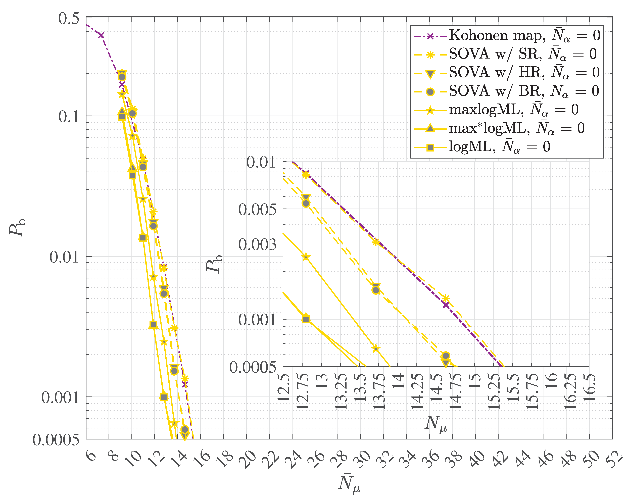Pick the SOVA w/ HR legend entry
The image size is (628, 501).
(x=507, y=73)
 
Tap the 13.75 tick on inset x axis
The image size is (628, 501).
(x=379, y=392)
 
